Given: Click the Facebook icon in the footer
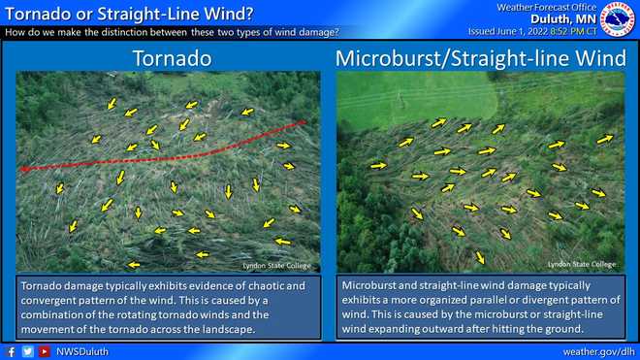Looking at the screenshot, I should pyautogui.click(x=11, y=351).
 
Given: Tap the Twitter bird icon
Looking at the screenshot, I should pyautogui.click(x=27, y=351).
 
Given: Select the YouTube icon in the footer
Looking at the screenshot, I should pyautogui.click(x=44, y=351).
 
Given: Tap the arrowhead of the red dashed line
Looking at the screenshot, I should pyautogui.click(x=23, y=169).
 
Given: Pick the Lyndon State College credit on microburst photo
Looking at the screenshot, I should pyautogui.click(x=581, y=263).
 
